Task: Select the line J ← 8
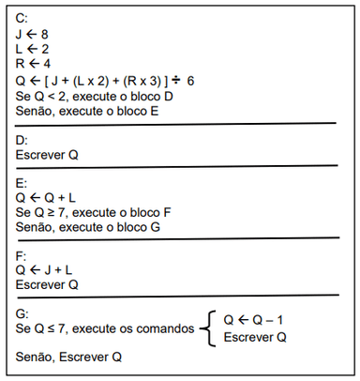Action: point(33,35)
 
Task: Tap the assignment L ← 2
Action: point(33,50)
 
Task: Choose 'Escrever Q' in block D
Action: point(48,155)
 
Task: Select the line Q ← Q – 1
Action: point(255,320)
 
